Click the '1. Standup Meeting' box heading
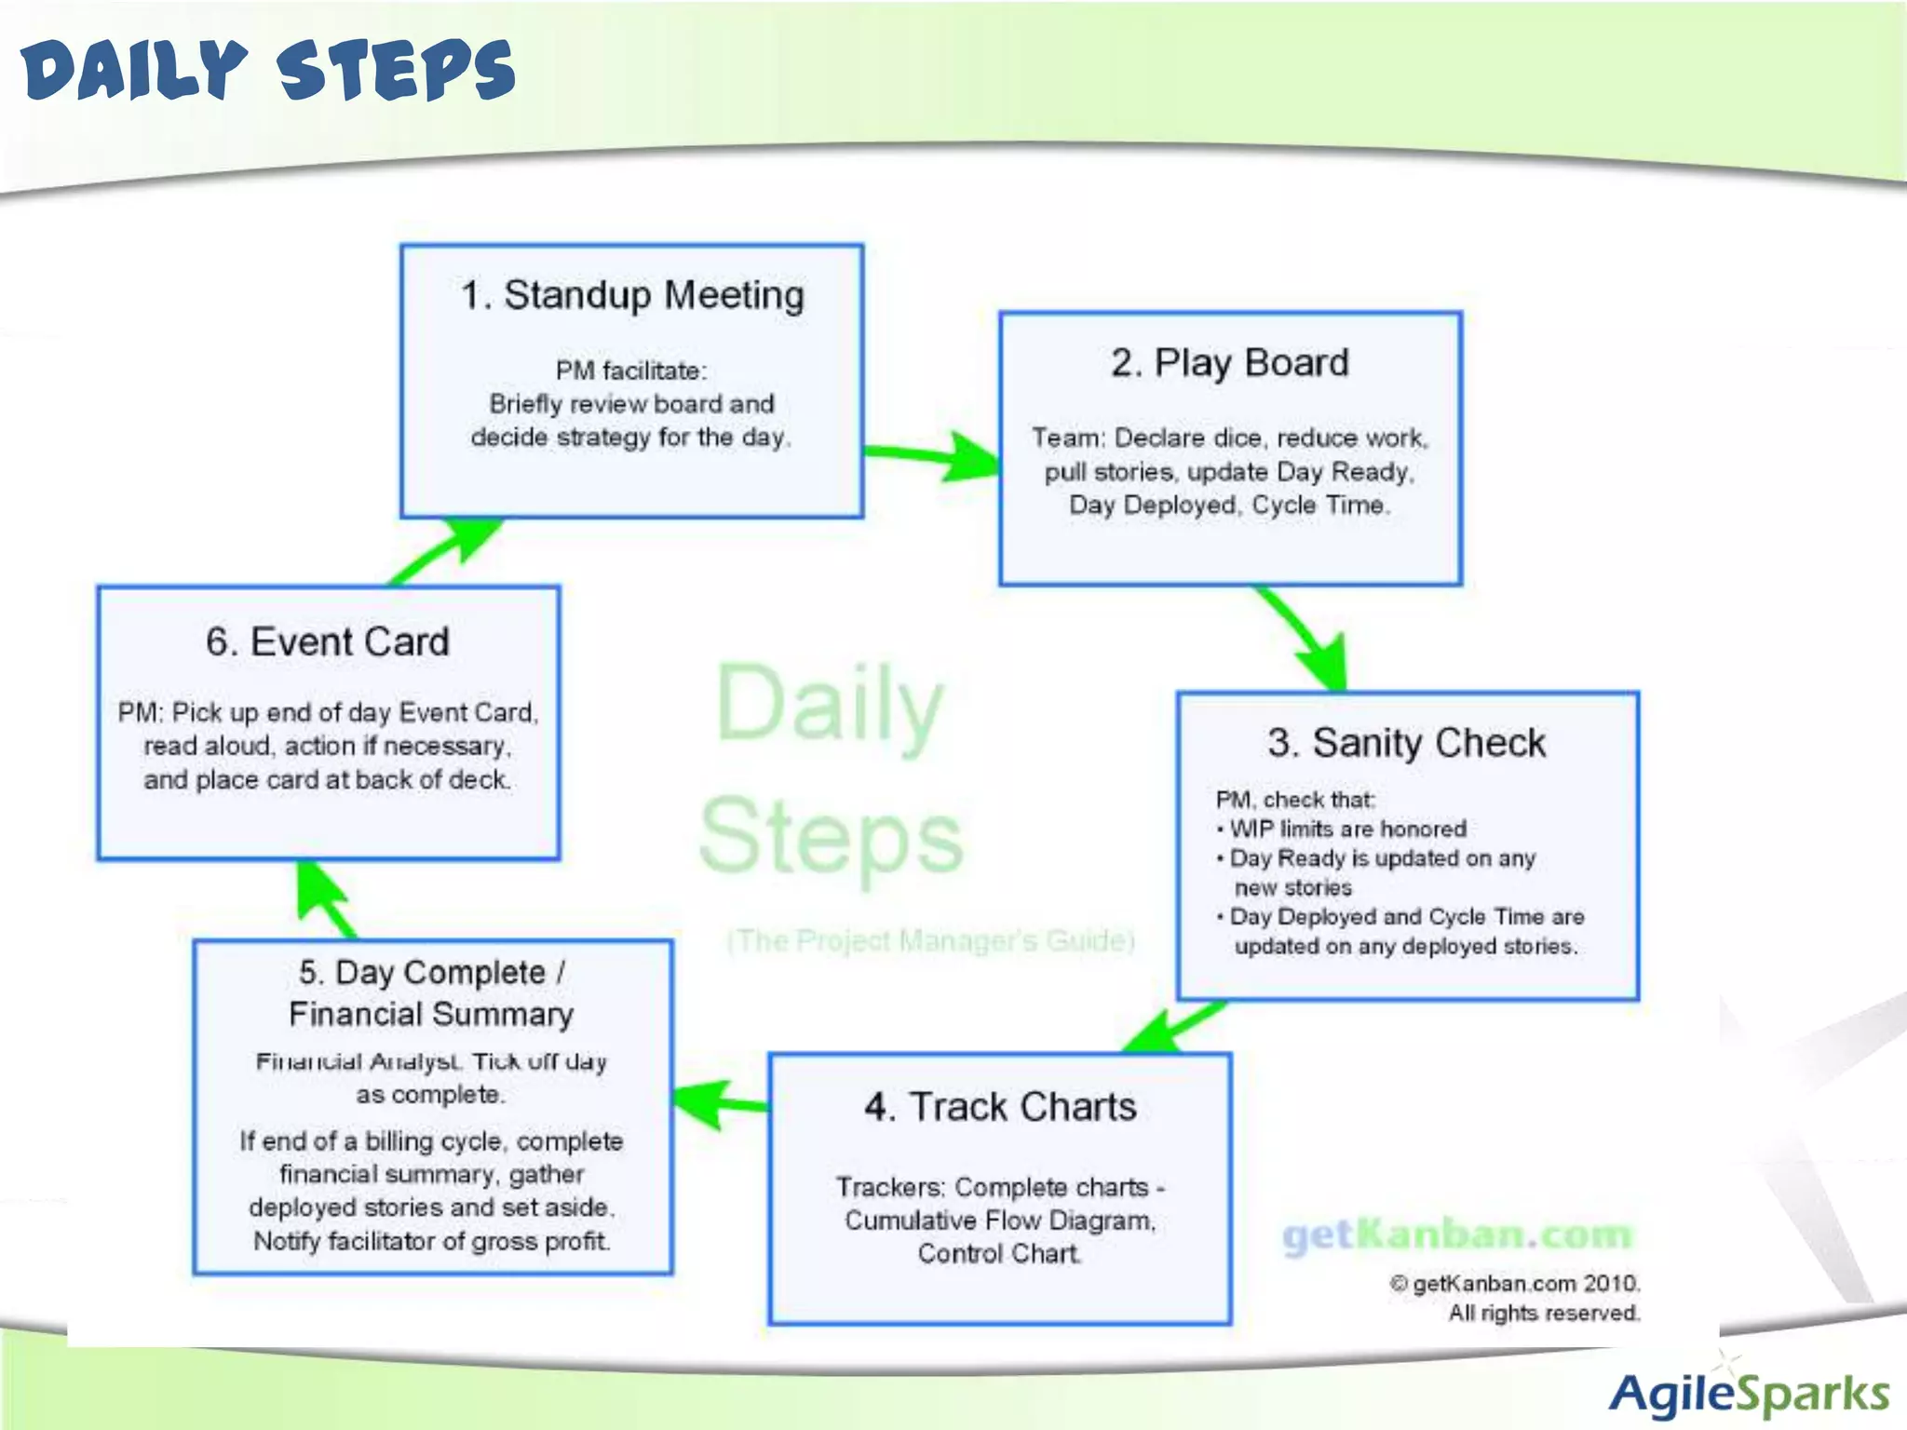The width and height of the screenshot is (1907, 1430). pos(632,295)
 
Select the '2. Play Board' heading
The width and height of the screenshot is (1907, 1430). pos(1229,362)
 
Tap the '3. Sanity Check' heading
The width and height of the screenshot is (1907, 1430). pos(1406,743)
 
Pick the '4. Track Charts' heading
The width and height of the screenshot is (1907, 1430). pos(1000,1107)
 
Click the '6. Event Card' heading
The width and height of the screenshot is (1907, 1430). pos(328,642)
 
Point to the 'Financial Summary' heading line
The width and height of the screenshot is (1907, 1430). pos(431,1014)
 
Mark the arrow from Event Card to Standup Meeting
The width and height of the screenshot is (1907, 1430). pos(445,551)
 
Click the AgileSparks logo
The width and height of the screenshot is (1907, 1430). pos(1749,1395)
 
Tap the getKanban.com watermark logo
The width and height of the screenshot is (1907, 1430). pos(1457,1235)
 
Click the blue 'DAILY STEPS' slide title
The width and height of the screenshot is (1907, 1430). pos(268,71)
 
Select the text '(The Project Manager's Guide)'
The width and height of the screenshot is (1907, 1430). pos(930,941)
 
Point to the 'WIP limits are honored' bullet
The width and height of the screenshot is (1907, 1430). pos(1346,829)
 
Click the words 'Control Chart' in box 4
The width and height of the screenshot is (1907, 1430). pos(999,1253)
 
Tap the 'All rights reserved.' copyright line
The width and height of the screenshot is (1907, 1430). pos(1543,1313)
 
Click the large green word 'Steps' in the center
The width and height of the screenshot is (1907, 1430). pos(831,836)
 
